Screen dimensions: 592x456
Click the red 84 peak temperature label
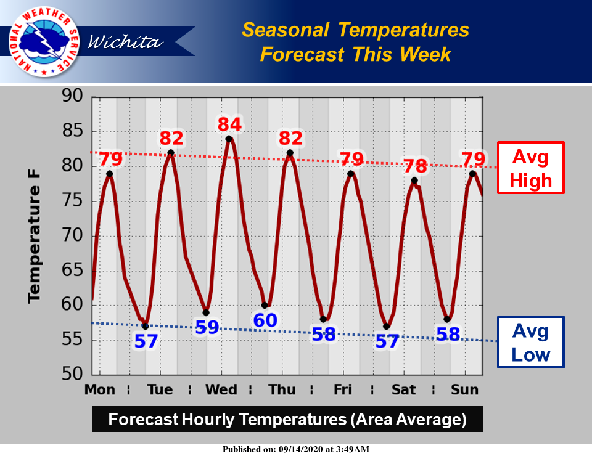coord(229,124)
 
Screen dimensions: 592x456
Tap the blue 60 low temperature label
coord(265,320)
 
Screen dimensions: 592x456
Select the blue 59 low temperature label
coord(207,327)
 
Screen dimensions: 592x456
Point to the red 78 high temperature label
coord(415,166)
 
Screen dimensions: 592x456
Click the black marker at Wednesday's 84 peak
coord(229,139)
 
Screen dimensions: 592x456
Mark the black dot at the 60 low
coord(265,306)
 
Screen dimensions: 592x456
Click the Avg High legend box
coord(530,168)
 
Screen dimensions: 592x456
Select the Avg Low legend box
coord(530,342)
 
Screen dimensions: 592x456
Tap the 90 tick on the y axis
coord(72,96)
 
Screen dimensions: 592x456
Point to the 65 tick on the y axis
coord(72,270)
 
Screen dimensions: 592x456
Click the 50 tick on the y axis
coord(72,374)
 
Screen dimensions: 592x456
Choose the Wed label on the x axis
coord(221,389)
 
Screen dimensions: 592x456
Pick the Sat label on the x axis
coord(403,389)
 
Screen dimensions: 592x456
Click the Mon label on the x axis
coord(100,389)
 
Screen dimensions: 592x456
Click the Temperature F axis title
coord(33,237)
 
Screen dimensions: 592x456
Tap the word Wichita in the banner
coord(126,41)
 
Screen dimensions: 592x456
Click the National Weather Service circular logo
coord(44,41)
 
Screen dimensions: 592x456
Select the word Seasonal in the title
coord(286,30)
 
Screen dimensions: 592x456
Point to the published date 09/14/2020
coord(300,449)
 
